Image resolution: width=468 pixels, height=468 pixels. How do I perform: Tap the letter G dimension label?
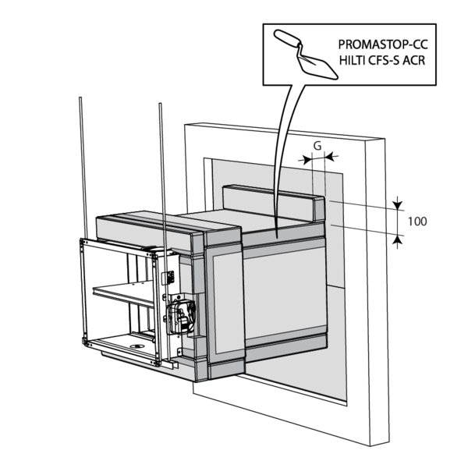pyautogui.click(x=317, y=146)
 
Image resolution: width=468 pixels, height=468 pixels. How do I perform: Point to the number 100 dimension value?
pyautogui.click(x=417, y=222)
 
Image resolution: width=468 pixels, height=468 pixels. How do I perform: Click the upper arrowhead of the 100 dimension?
pyautogui.click(x=398, y=206)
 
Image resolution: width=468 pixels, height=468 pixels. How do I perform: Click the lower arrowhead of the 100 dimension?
pyautogui.click(x=398, y=238)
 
